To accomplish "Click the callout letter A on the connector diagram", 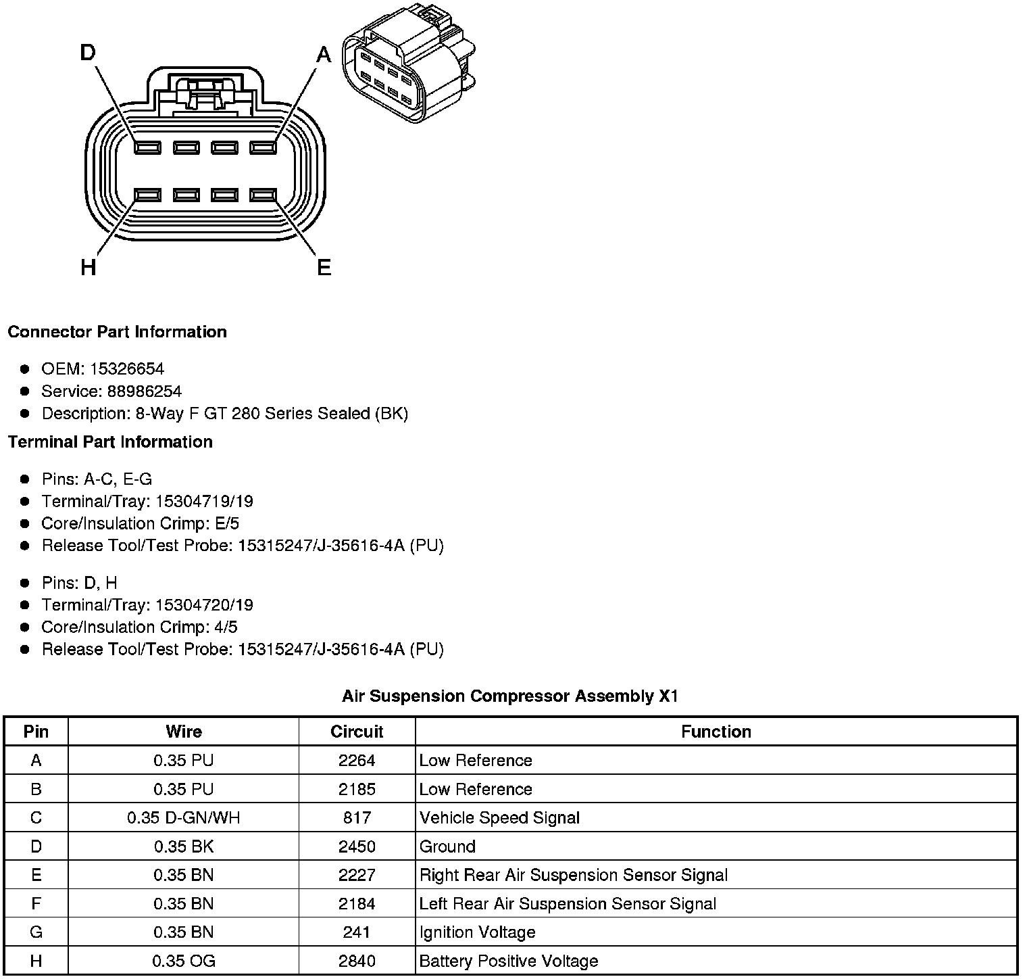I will point(324,54).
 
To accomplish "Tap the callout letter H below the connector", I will point(88,268).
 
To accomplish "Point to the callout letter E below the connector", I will point(324,268).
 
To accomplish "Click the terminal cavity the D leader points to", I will point(147,147).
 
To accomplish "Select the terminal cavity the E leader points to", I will point(264,195).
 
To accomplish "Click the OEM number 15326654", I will point(127,368).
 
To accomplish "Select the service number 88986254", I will point(145,391).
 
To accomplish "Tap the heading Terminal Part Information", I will point(110,441).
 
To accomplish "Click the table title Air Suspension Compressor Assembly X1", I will point(509,696).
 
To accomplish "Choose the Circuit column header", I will point(357,732).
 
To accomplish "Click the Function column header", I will point(716,732).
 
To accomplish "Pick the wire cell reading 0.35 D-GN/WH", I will point(183,817).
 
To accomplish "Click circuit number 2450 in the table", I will point(357,846).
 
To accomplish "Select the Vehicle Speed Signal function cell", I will point(499,817).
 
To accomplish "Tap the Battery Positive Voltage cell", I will point(509,961).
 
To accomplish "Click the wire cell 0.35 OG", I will point(183,961).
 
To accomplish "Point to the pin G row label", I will point(36,932).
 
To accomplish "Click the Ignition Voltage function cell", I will point(477,932).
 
